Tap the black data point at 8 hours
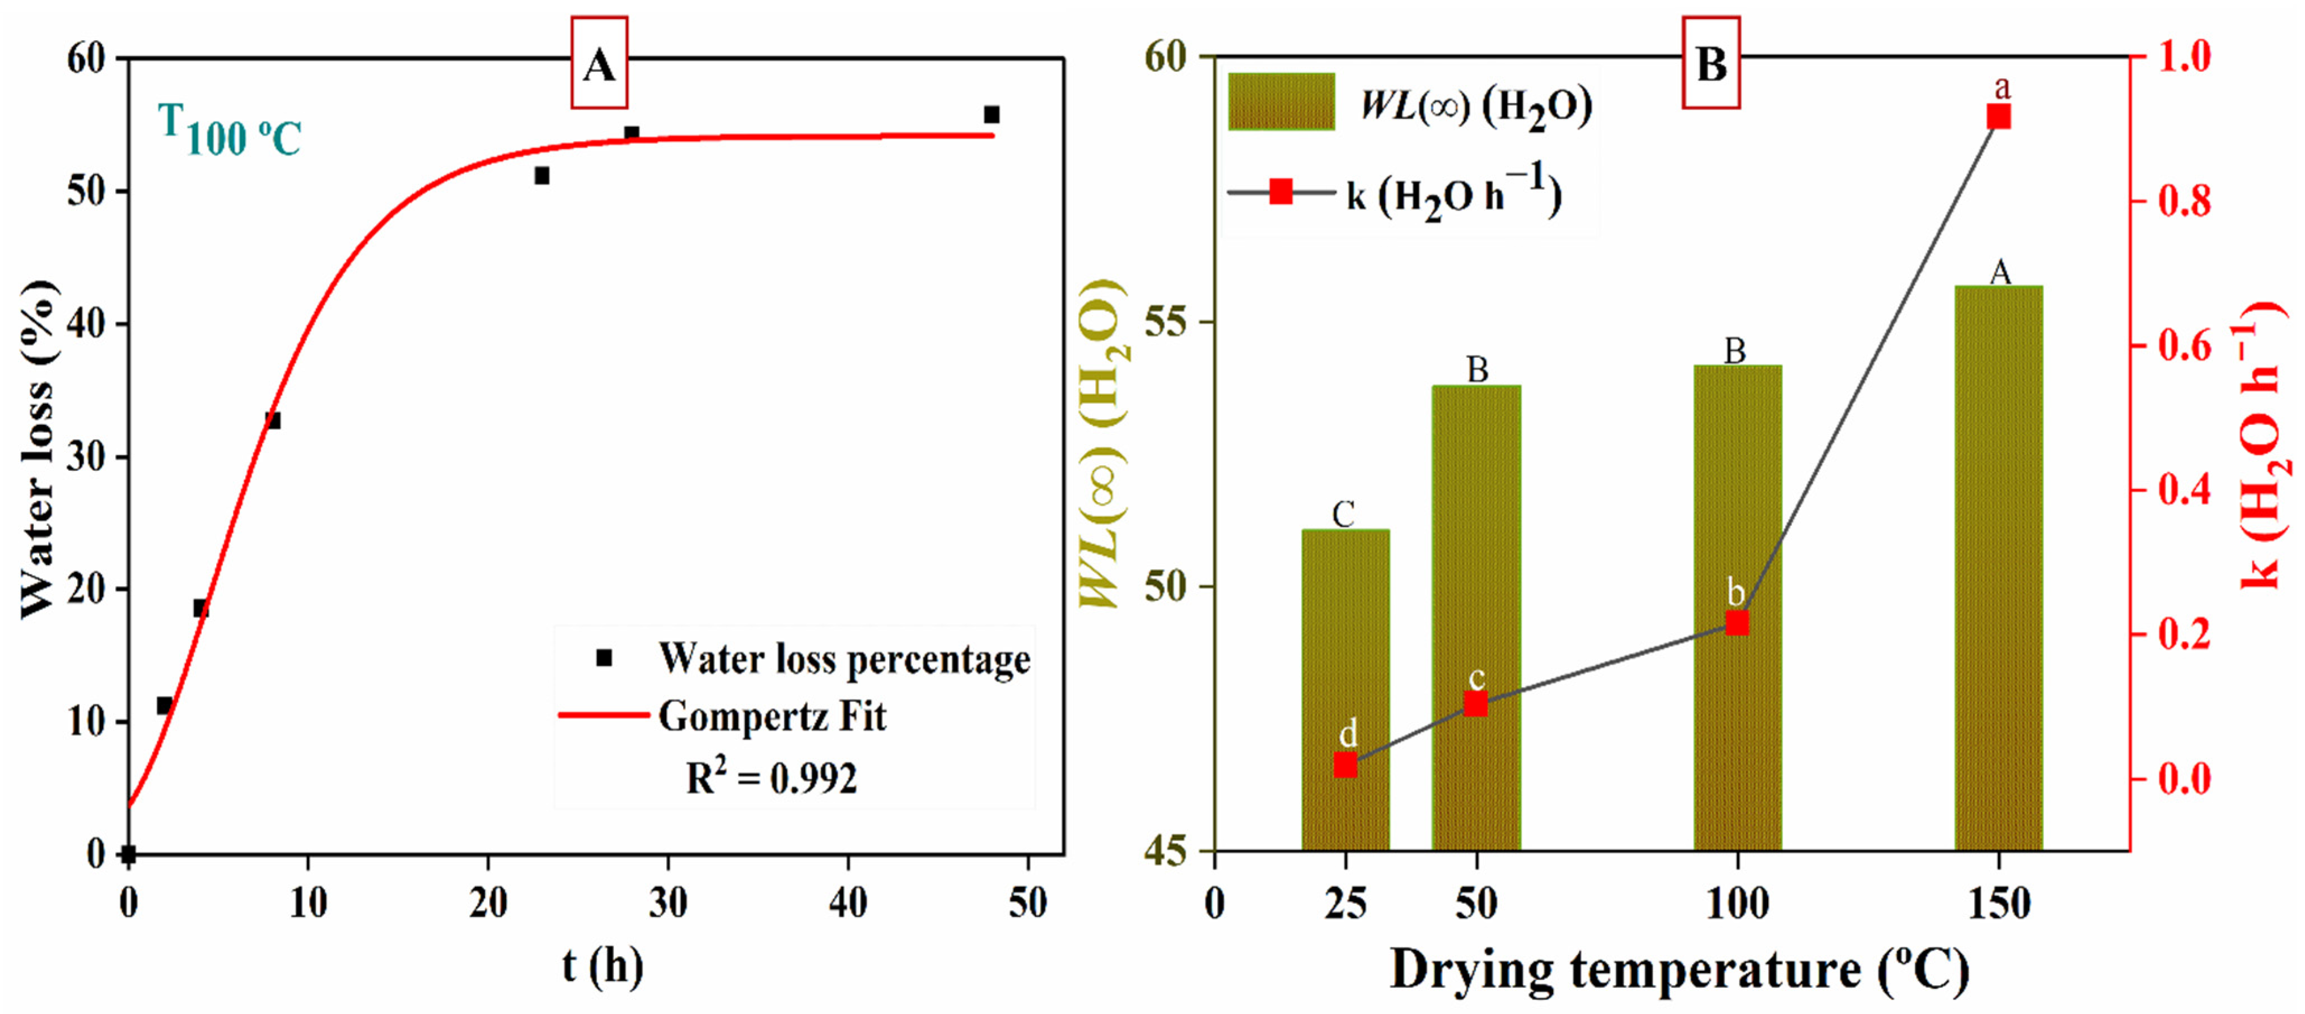pos(273,420)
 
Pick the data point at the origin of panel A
pos(129,854)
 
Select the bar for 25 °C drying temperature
pos(1345,689)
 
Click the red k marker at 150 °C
pos(1998,117)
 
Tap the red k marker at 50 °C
pos(1475,704)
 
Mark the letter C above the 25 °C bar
pos(1343,515)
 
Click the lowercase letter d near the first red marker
pos(1348,734)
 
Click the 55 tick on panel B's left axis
pos(1165,322)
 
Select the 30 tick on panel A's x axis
pos(667,903)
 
